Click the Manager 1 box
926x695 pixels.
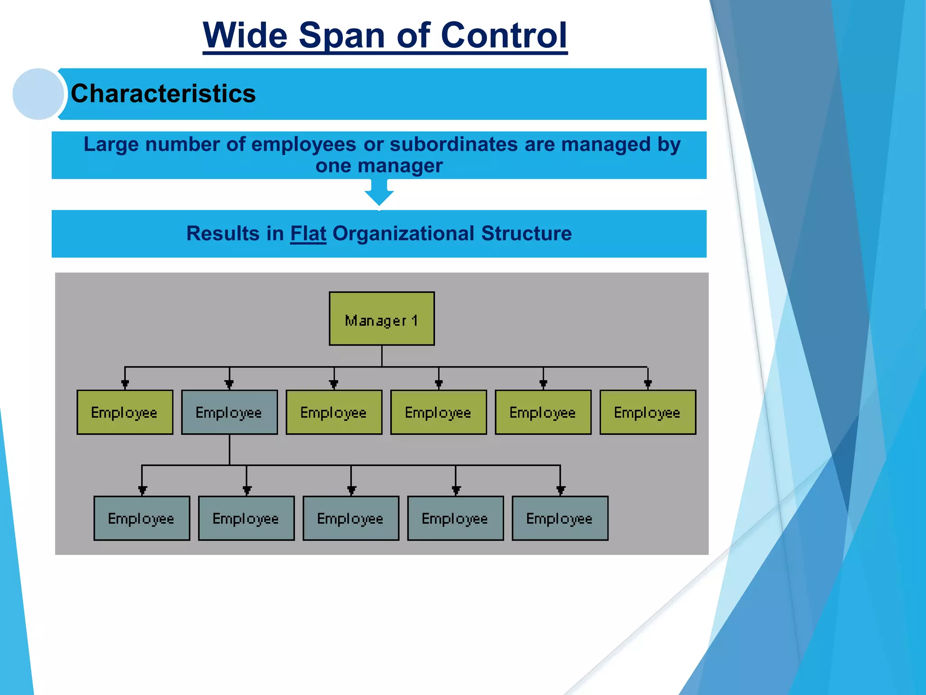pyautogui.click(x=382, y=319)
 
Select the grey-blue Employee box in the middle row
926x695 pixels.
pyautogui.click(x=229, y=412)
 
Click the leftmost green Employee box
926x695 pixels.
pyautogui.click(x=125, y=412)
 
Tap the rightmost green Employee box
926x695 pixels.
pyautogui.click(x=647, y=412)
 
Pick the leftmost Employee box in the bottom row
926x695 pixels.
pyautogui.click(x=142, y=518)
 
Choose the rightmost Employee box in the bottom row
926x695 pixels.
pyautogui.click(x=560, y=518)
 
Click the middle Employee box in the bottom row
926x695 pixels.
pyautogui.click(x=351, y=518)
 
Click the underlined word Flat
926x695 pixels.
pyautogui.click(x=308, y=233)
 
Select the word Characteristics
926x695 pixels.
pyautogui.click(x=163, y=94)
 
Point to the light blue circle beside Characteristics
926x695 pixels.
pyautogui.click(x=38, y=94)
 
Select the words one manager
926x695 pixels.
pyautogui.click(x=379, y=166)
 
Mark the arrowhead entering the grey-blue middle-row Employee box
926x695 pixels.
pyautogui.click(x=229, y=385)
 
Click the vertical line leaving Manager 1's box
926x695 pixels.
pyautogui.click(x=382, y=356)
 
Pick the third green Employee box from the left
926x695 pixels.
pyautogui.click(x=334, y=412)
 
